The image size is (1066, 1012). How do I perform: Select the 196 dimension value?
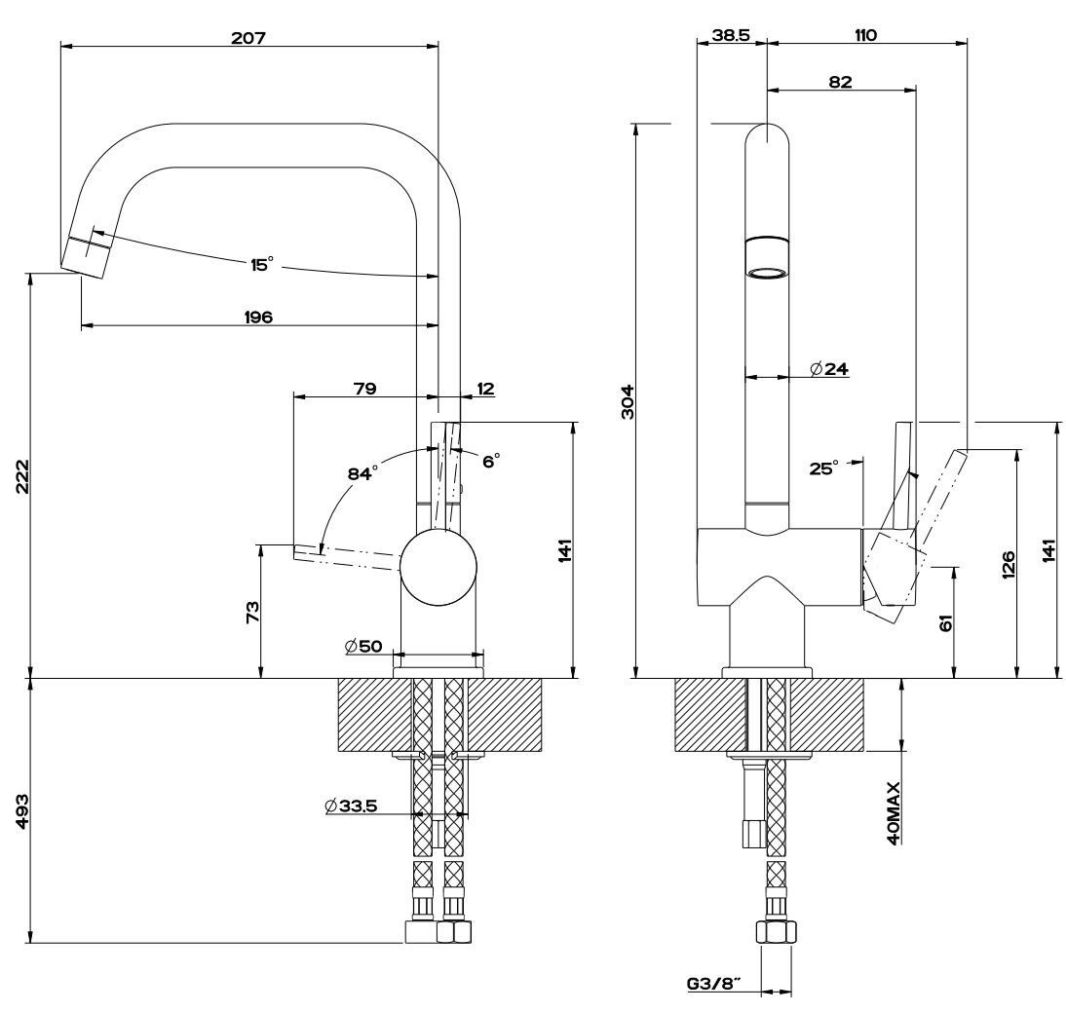point(258,316)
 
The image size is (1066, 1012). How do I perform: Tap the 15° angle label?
point(261,264)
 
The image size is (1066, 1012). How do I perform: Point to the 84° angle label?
point(362,473)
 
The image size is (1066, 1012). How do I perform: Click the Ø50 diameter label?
point(362,646)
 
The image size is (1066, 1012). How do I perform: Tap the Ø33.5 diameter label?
point(352,806)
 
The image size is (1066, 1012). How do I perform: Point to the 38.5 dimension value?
point(730,35)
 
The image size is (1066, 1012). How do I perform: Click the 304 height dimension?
point(628,400)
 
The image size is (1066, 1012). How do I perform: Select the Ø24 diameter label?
point(829,368)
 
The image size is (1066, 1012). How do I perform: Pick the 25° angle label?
point(822,469)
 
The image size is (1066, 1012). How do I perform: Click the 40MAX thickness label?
point(893,811)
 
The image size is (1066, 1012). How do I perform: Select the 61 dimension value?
point(945,621)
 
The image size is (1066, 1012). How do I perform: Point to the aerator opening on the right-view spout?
point(766,272)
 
